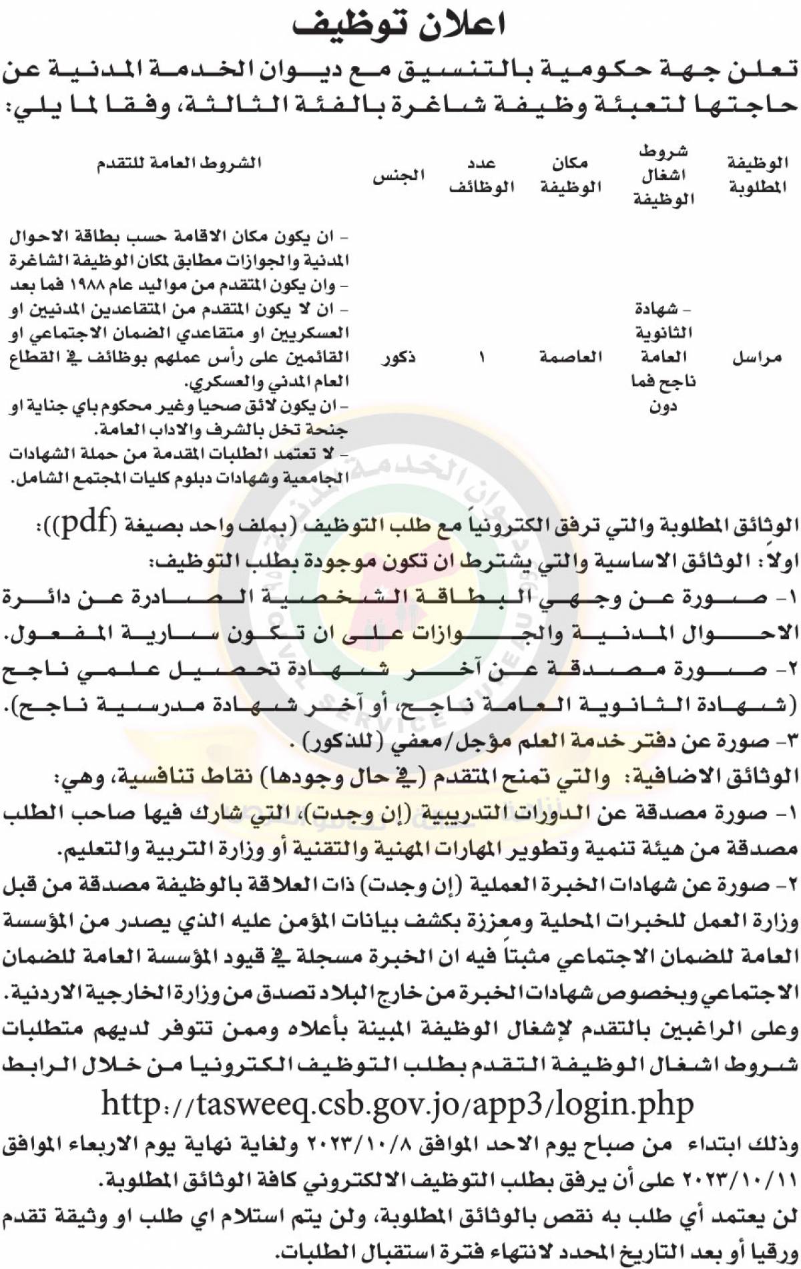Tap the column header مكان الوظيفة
[571, 176]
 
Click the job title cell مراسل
[757, 358]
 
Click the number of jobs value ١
[482, 358]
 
